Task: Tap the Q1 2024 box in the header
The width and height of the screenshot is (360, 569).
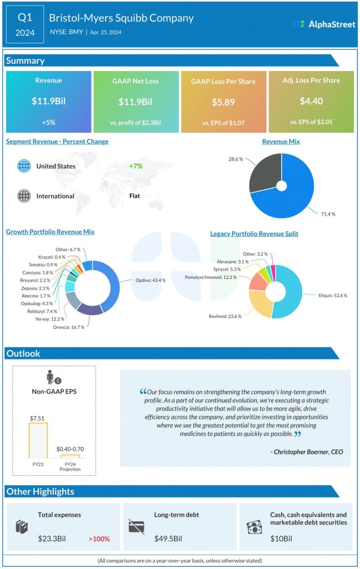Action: coord(25,25)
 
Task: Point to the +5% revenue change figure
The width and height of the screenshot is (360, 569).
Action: coord(48,122)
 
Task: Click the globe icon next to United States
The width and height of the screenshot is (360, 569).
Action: coord(24,166)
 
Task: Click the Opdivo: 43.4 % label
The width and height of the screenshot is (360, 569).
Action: coord(150,280)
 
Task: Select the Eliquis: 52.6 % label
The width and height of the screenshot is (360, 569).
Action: coord(333,295)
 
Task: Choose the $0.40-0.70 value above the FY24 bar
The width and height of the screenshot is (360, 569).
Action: coord(70,448)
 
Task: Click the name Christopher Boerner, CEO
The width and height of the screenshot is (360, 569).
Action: coord(307,452)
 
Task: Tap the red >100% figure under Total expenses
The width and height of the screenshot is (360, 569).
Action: coord(99,538)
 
